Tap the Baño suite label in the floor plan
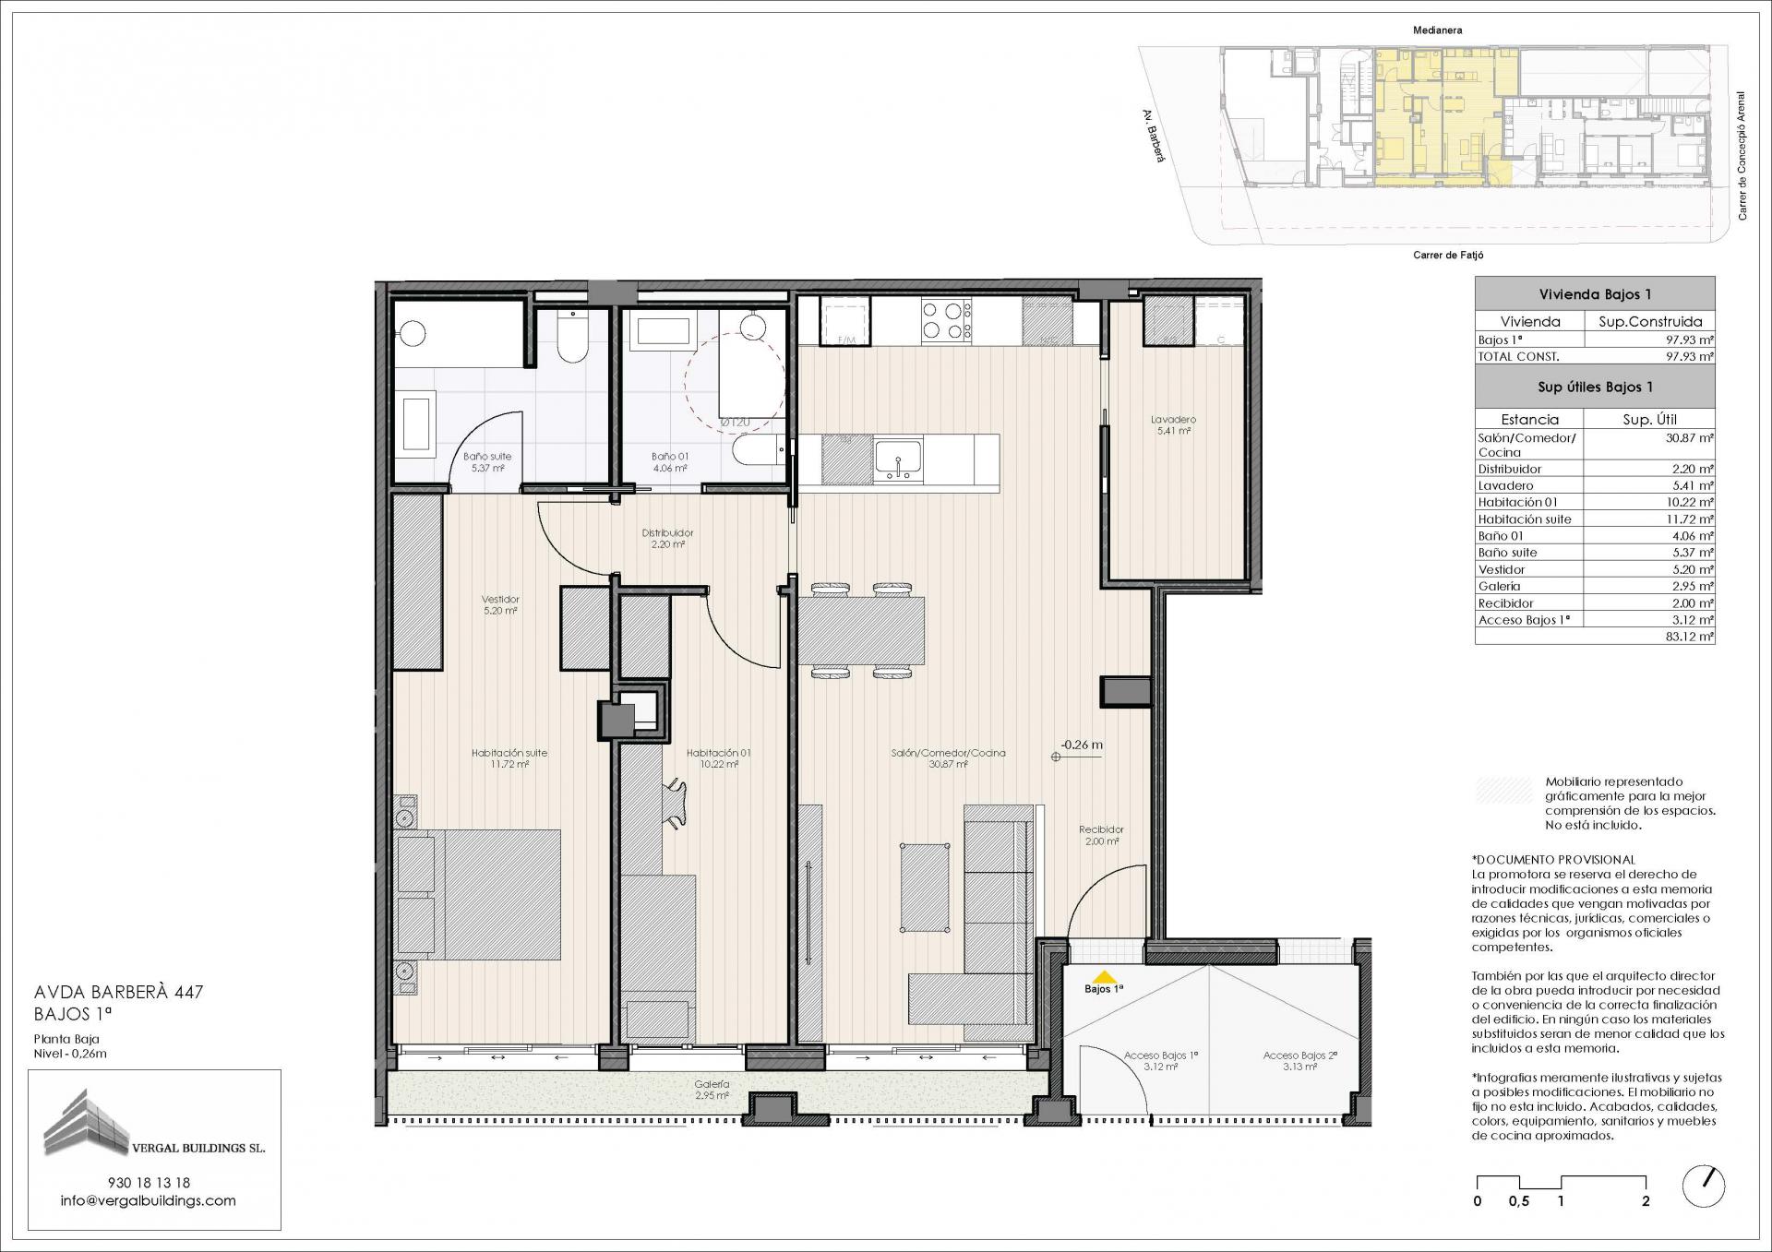pos(487,456)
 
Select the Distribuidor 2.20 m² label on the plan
pos(667,539)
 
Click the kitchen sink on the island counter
pos(898,459)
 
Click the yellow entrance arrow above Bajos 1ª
pos(1103,977)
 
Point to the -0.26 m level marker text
pos(1082,745)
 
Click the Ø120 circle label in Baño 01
pos(735,423)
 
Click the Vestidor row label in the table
pos(1502,569)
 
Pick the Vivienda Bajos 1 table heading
pos(1595,294)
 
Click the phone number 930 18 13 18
pos(149,1182)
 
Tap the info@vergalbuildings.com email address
pos(149,1200)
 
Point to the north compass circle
pos(1705,1186)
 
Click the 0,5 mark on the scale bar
pos(1518,1201)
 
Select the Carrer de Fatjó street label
pos(1448,255)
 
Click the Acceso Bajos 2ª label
pos(1299,1061)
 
